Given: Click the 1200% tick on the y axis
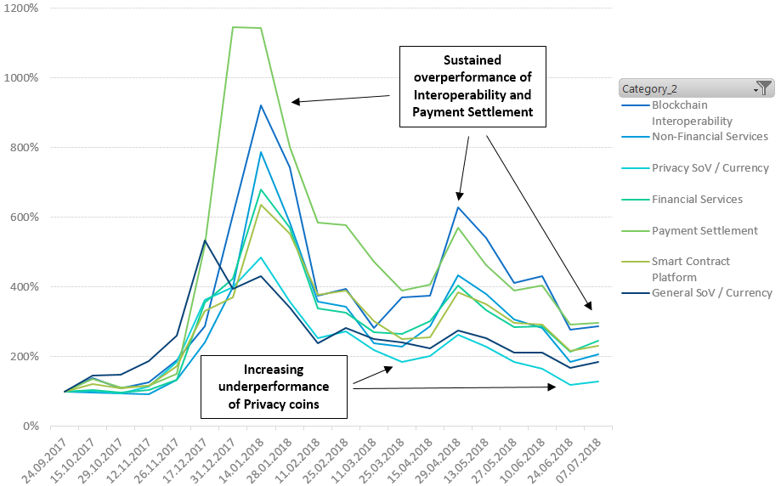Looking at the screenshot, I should (x=24, y=8).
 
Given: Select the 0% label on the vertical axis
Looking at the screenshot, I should (x=32, y=426).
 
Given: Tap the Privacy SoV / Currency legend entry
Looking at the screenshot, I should (x=710, y=168).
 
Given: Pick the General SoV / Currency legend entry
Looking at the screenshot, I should (x=711, y=293).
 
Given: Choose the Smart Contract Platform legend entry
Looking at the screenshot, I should (x=690, y=269).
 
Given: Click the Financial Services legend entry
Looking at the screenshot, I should (x=697, y=200).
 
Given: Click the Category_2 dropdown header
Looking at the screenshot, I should (x=685, y=88).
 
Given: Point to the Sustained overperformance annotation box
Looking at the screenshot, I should (x=473, y=86).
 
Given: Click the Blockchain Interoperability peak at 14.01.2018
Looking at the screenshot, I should (x=260, y=105).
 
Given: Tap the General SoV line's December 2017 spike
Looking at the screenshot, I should (x=204, y=240).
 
